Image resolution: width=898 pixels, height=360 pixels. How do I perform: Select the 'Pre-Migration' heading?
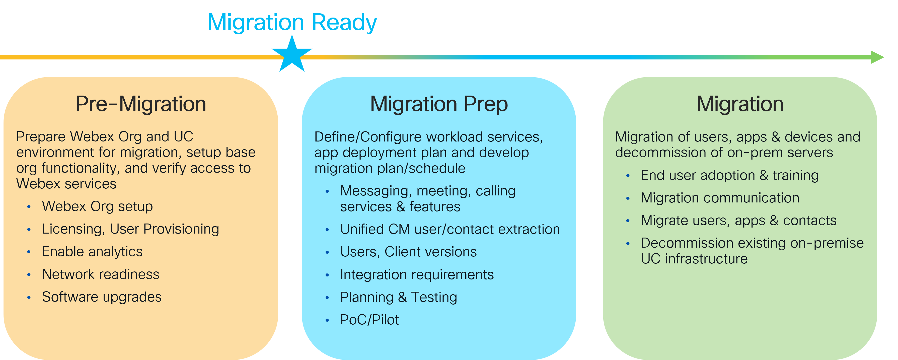141,104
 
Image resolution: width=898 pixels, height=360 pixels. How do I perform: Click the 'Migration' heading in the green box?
740,104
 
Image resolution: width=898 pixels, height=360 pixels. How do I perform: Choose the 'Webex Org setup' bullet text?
97,206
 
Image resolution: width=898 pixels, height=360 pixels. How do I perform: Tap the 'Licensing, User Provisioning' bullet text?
130,229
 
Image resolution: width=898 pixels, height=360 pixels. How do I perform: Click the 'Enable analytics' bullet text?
92,252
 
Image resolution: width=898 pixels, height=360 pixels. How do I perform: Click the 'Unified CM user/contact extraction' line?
450,229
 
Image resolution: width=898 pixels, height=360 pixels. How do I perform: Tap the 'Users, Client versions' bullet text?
408,252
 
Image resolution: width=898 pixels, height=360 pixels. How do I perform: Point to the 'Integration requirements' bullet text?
417,275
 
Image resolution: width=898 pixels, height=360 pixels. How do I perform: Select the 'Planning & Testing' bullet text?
398,297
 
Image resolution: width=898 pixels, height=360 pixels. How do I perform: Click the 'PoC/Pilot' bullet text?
369,320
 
